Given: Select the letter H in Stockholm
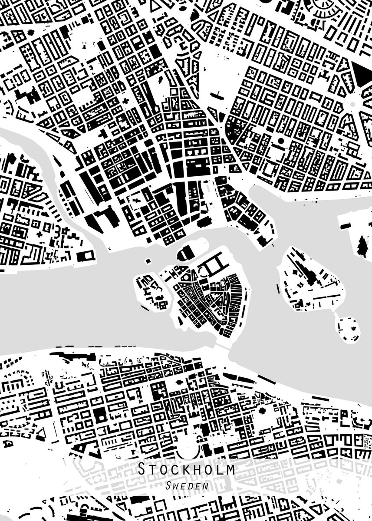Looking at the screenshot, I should [193, 469].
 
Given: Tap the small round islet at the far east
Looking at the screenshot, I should [348, 329].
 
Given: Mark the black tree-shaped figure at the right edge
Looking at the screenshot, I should [362, 246].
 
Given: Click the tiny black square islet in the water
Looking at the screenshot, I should [147, 261].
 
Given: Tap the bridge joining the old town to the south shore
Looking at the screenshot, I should [223, 347].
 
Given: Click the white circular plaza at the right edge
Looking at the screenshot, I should [352, 103].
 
